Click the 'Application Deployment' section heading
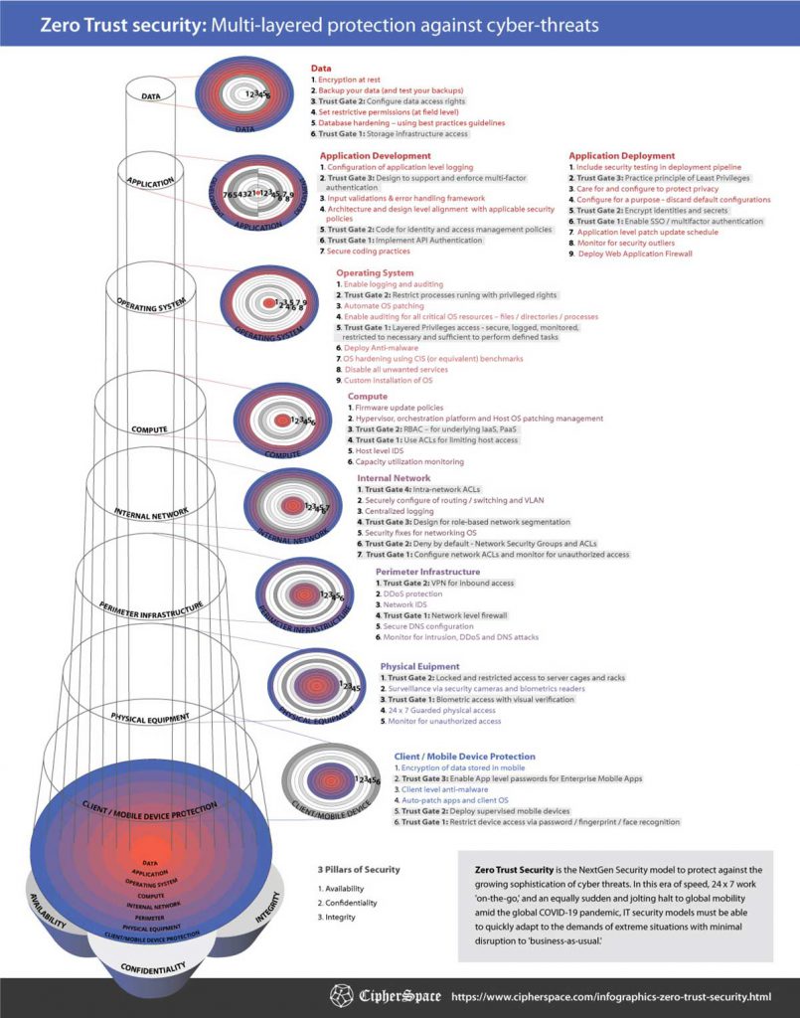click(621, 156)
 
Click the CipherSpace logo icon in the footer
click(342, 995)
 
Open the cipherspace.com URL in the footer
click(611, 995)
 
